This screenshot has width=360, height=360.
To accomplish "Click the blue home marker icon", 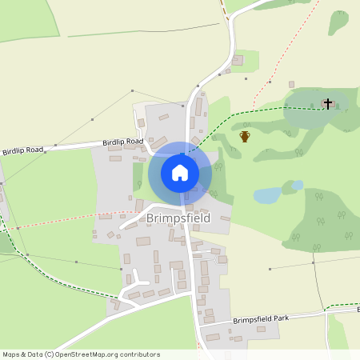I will point(179,173).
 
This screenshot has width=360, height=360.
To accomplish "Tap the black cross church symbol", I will point(327,103).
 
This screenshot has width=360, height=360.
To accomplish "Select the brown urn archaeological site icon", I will point(245,136).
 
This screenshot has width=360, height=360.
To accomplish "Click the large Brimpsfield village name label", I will point(178,218).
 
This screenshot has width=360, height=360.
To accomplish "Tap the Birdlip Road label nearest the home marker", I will point(122,142).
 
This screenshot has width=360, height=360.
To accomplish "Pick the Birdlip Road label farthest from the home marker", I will point(23,150).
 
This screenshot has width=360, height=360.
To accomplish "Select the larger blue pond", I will point(267,194).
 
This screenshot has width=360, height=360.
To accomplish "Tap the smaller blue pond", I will point(297,185).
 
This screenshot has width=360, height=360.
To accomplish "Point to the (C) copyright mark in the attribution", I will point(49,354).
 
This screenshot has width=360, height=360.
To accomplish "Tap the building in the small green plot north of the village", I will point(238,60).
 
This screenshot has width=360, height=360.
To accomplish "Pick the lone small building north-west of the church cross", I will point(291,84).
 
